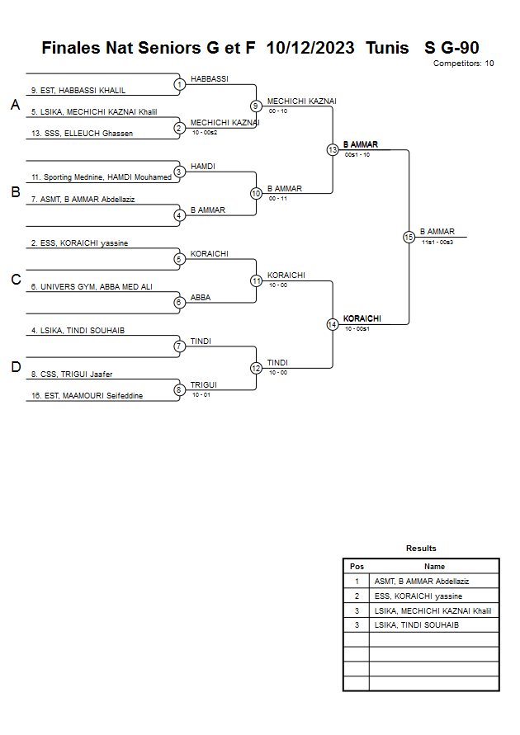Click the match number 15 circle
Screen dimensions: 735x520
pos(409,237)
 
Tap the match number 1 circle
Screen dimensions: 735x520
pos(179,84)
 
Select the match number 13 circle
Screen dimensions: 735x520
pos(333,150)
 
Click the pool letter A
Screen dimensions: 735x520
pos(15,105)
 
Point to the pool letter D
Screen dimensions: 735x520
pos(15,367)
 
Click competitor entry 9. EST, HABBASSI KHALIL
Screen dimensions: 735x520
pos(78,90)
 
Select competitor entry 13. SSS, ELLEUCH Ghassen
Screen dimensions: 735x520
pos(82,133)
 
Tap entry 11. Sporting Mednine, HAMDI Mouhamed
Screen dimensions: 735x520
pos(102,177)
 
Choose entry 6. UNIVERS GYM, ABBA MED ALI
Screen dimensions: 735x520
pos(92,286)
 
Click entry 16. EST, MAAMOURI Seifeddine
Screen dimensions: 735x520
pos(87,395)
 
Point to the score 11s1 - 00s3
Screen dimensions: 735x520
pos(437,242)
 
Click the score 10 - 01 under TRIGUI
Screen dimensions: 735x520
pos(201,395)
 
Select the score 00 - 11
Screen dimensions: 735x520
pos(277,198)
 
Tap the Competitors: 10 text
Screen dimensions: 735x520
pos(463,64)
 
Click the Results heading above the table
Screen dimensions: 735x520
pos(421,548)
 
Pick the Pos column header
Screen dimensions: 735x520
pos(357,567)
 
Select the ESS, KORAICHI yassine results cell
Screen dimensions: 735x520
pos(418,596)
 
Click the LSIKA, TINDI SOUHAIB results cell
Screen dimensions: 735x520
pos(416,625)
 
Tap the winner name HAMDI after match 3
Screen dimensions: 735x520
pos(203,167)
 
